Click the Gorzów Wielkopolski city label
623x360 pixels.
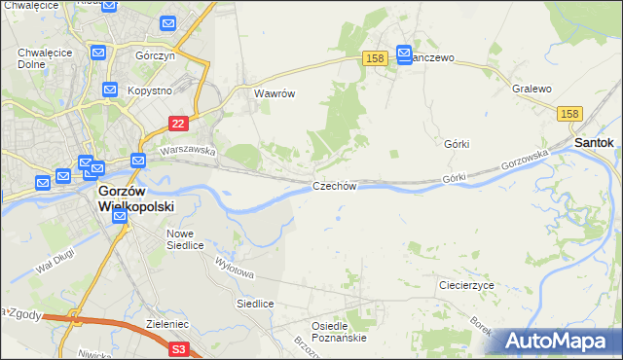point(135,199)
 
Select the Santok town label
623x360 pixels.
point(594,142)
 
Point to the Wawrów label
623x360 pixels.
point(274,94)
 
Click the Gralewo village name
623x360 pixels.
point(531,89)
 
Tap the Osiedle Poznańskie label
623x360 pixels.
point(338,332)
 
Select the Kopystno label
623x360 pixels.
point(150,90)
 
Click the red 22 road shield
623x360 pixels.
point(177,124)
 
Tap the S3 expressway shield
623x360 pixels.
point(178,347)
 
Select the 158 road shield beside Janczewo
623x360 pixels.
point(377,59)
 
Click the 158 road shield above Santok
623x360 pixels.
point(571,114)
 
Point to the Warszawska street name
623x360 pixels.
point(187,151)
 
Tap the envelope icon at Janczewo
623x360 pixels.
point(405,55)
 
